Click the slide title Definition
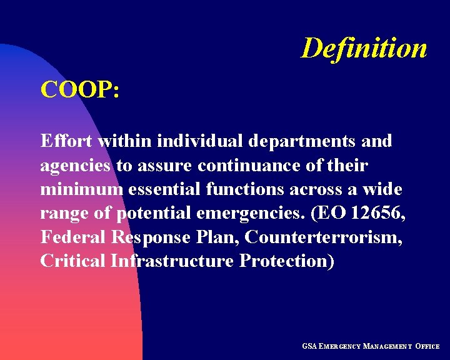coord(364,49)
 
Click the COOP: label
coord(80,90)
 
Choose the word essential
coord(164,189)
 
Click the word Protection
coord(287,261)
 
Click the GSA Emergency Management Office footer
coord(371,346)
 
